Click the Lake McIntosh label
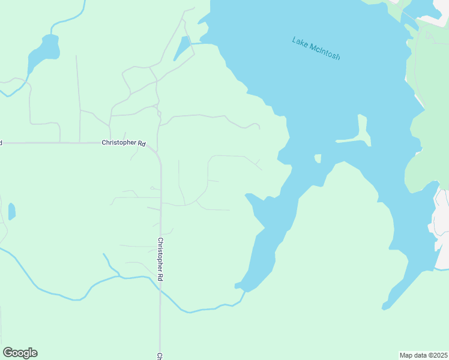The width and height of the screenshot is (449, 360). [x=316, y=49]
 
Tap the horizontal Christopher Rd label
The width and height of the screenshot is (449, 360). [x=124, y=143]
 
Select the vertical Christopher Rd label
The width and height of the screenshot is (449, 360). [x=160, y=260]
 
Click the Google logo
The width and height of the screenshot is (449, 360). [x=20, y=353]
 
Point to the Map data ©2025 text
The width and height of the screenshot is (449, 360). [x=423, y=355]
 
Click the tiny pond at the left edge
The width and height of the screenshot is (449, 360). [x=11, y=211]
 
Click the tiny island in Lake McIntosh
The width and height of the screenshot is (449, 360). [x=318, y=158]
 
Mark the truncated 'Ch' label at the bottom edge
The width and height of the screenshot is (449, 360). [x=160, y=356]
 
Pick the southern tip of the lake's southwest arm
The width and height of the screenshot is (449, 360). [x=240, y=286]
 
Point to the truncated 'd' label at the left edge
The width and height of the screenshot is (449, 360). [x=1, y=143]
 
